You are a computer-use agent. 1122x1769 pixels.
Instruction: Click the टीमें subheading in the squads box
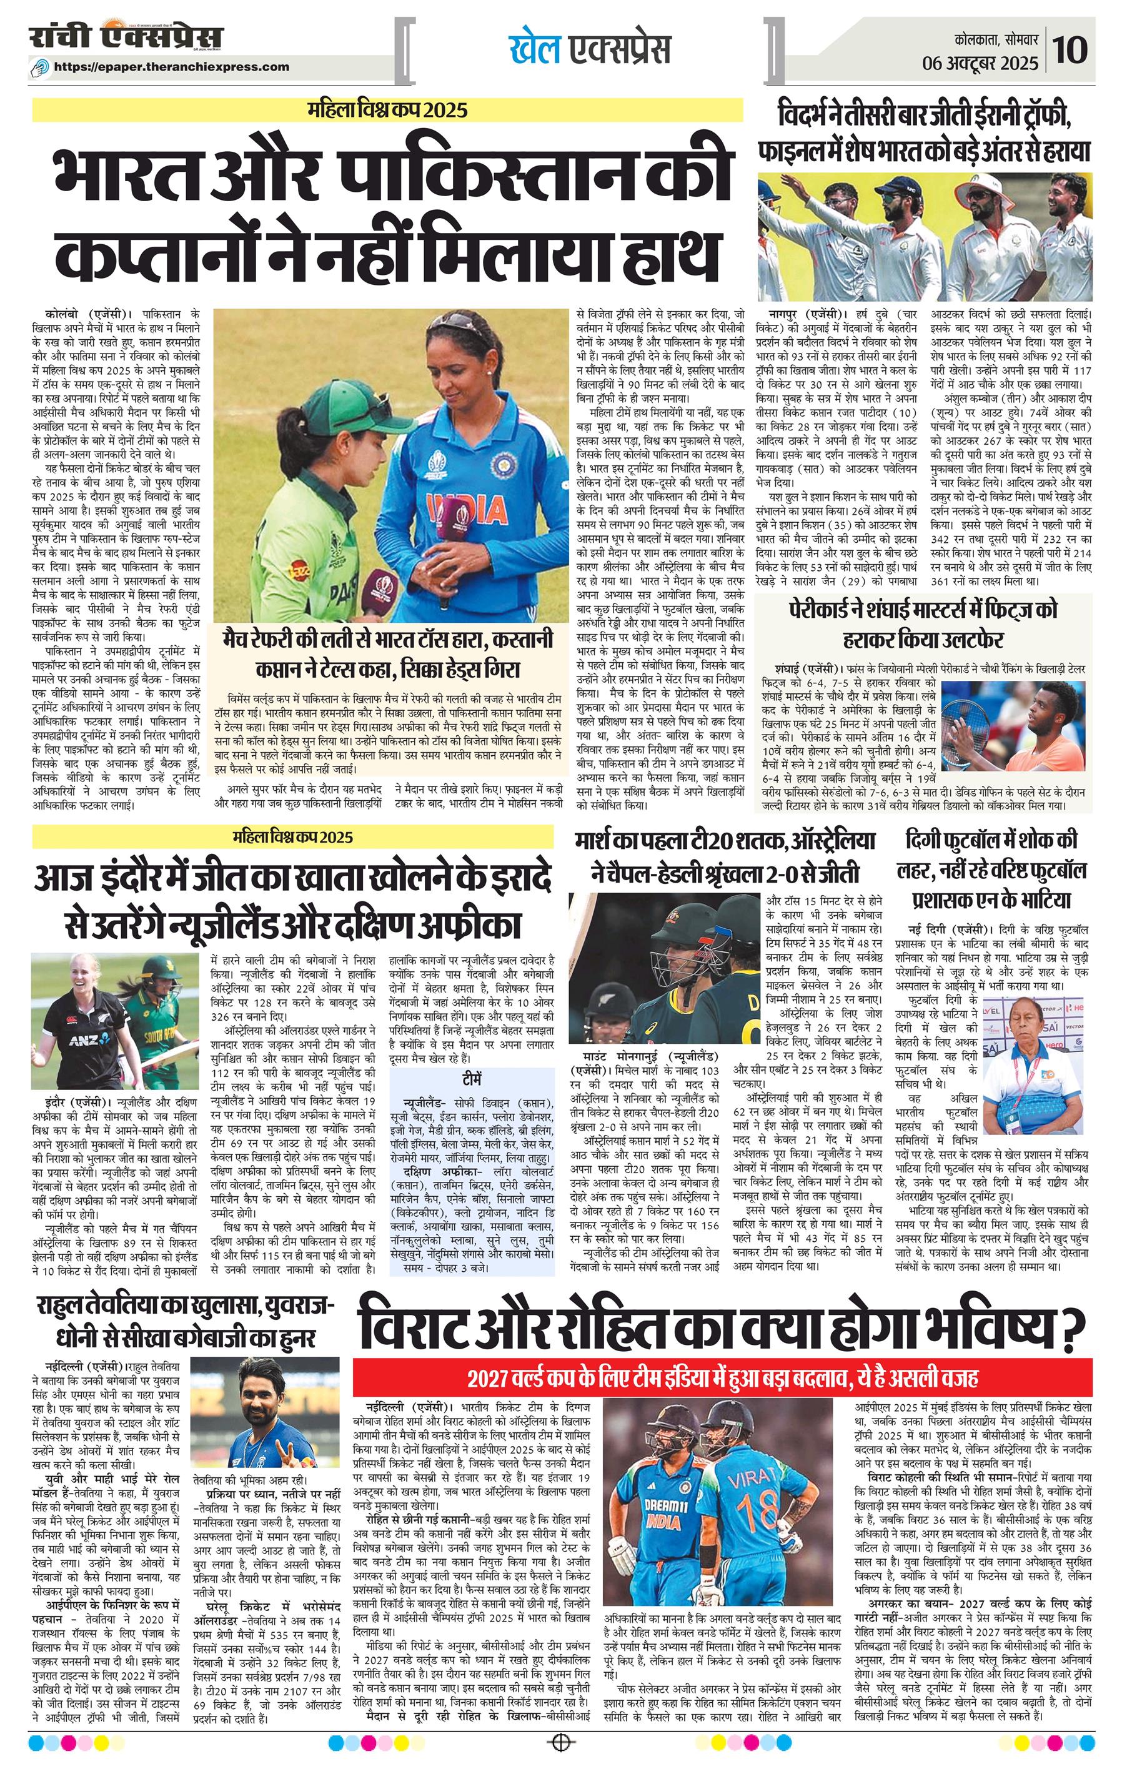click(x=472, y=1076)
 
